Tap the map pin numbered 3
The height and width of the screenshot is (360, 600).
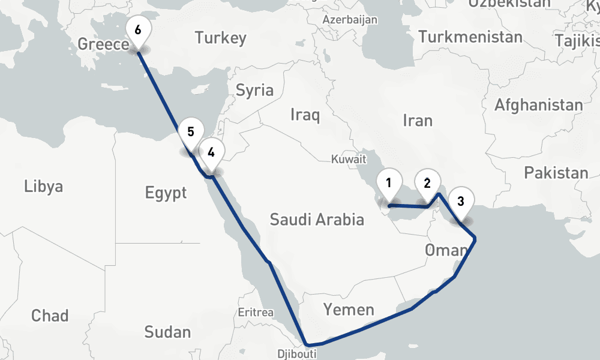[x=460, y=202]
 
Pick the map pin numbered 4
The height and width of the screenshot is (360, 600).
[x=211, y=152]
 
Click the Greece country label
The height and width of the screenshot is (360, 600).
[x=103, y=44]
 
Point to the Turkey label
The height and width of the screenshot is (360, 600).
[x=220, y=38]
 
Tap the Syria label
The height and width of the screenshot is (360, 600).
[x=254, y=91]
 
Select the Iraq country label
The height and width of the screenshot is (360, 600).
[x=304, y=115]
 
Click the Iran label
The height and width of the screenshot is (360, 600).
[x=418, y=121]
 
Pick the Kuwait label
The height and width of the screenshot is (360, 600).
[x=349, y=160]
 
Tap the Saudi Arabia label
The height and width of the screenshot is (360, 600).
[x=317, y=220]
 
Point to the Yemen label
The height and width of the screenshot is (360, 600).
[x=349, y=310]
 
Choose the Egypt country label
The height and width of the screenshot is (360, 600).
[x=166, y=193]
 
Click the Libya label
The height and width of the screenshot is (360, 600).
[x=43, y=186]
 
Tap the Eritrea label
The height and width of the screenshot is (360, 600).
[x=256, y=313]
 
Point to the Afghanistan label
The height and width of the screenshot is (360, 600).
[x=538, y=106]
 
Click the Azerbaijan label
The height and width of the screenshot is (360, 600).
[x=350, y=20]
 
